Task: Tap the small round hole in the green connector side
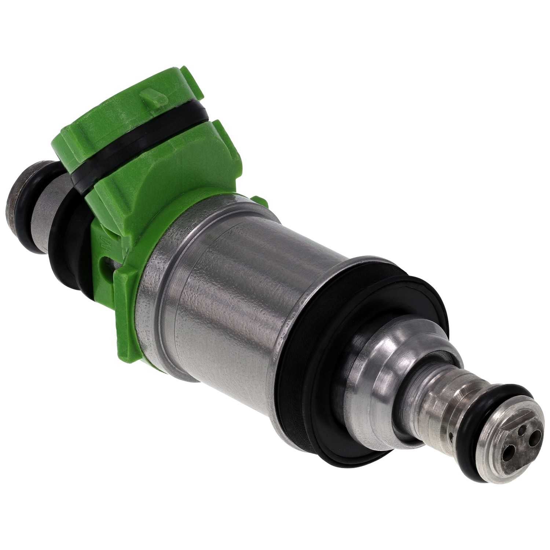(107, 263)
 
